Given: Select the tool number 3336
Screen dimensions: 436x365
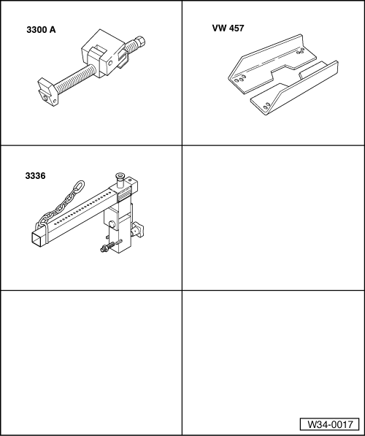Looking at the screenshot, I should (x=35, y=176).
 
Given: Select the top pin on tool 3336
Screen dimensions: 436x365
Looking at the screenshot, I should (x=119, y=177).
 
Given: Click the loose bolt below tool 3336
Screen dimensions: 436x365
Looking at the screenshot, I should (x=107, y=250).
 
